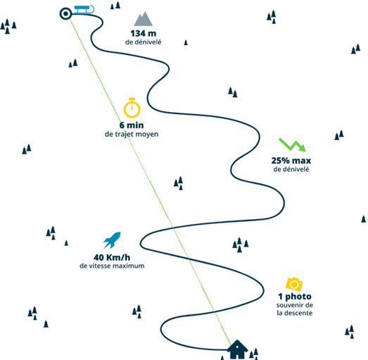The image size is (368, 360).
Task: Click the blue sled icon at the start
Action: [84, 9]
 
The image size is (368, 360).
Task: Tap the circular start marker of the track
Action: [65, 13]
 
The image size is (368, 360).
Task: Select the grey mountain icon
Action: [143, 18]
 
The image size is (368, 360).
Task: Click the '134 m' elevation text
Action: [143, 33]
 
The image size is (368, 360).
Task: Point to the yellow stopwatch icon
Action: [132, 107]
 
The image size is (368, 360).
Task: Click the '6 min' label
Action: [132, 125]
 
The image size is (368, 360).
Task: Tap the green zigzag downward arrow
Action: [293, 144]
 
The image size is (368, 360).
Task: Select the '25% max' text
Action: [291, 161]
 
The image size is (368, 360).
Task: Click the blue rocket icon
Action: [112, 240]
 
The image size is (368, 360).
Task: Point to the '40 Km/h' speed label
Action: [112, 258]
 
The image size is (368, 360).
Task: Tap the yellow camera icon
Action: [294, 284]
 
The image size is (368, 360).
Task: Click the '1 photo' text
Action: [295, 297]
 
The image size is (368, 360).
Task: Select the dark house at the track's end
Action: [237, 349]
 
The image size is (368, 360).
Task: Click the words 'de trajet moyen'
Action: [132, 134]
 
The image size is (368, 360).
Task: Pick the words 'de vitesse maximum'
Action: [112, 266]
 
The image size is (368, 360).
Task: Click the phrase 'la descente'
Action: [295, 313]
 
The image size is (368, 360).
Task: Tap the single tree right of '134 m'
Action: [186, 42]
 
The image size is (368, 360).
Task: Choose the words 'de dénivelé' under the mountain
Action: [143, 42]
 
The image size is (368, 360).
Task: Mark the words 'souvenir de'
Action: [295, 305]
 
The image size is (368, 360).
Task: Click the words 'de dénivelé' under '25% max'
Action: [291, 169]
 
